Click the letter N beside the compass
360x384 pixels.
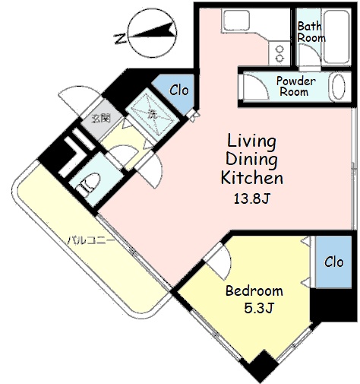coord(120,39)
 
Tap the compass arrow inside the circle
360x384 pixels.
coord(154,31)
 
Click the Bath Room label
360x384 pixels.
coord(311,32)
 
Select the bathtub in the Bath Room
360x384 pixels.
coord(337,36)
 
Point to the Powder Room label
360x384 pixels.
coord(295,86)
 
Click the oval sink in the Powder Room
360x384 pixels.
coord(338,87)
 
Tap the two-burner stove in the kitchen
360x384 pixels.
coord(279,53)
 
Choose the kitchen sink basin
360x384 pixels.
coord(236,20)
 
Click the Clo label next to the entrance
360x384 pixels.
coord(179,90)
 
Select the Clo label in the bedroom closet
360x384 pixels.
coord(334,262)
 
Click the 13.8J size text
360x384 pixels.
coord(251,198)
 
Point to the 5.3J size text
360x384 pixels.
coord(258,308)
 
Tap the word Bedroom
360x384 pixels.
coord(254,290)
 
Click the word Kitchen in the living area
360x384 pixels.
coord(252,177)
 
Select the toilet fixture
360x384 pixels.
coord(88,184)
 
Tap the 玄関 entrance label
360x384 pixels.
coord(101,118)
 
